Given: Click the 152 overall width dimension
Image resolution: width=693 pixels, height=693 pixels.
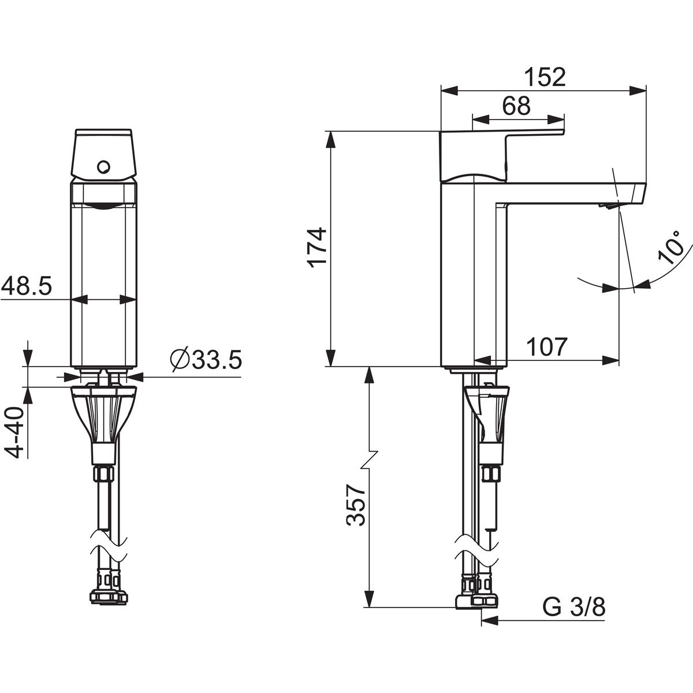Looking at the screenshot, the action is click(545, 77).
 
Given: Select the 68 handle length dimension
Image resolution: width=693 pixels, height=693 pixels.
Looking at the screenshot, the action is click(516, 106).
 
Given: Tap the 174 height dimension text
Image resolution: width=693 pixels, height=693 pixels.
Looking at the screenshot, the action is click(318, 247).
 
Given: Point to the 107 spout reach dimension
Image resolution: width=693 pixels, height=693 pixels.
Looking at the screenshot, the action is click(547, 346).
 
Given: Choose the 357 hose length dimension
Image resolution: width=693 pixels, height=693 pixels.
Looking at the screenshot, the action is click(356, 505).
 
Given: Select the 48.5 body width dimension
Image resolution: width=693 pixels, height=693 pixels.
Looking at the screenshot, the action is click(27, 285).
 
